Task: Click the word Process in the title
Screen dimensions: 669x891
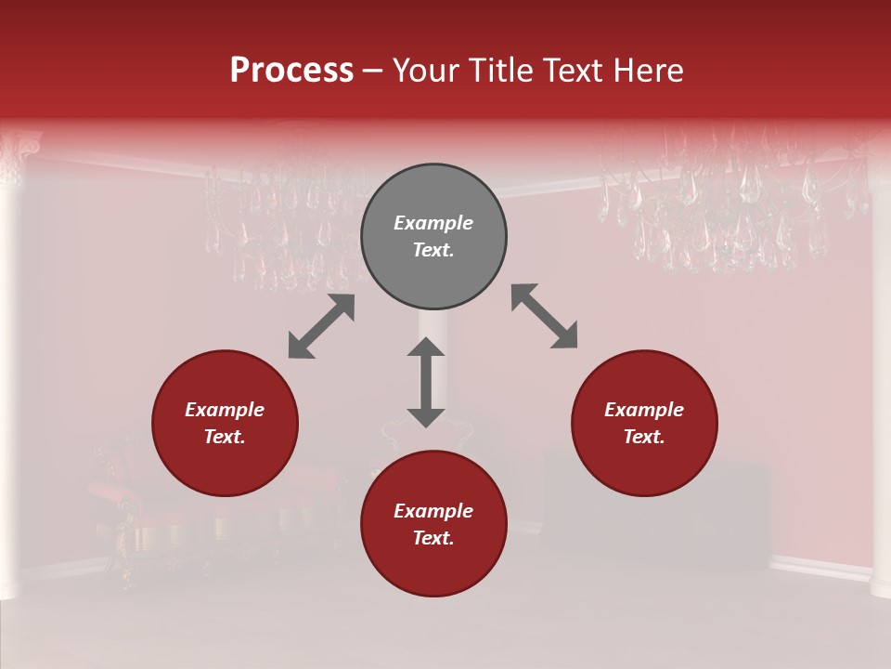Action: click(x=291, y=71)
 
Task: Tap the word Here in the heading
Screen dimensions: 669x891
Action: click(x=650, y=71)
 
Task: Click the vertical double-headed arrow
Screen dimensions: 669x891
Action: click(x=426, y=382)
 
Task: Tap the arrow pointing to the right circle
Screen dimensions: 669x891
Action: click(x=544, y=316)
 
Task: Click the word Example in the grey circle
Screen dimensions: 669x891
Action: click(x=433, y=223)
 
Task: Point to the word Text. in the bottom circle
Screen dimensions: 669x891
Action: click(x=433, y=538)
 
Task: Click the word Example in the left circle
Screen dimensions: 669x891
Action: click(x=225, y=410)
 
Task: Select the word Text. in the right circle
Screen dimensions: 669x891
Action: click(x=644, y=437)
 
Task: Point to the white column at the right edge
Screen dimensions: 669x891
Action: click(x=881, y=372)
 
